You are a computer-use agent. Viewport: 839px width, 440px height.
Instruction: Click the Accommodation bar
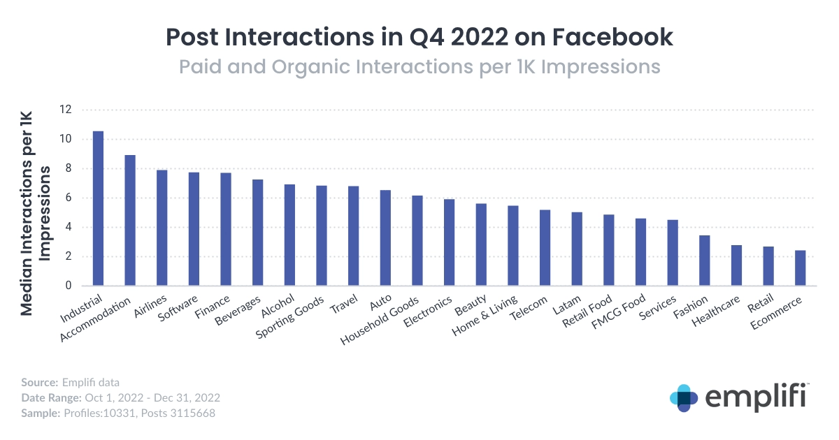point(130,220)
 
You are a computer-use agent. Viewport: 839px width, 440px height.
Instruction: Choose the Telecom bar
point(545,247)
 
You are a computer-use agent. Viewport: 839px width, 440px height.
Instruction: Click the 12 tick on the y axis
point(66,110)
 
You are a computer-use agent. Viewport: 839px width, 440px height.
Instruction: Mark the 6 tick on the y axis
point(69,198)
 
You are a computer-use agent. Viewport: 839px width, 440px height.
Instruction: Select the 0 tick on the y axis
point(69,286)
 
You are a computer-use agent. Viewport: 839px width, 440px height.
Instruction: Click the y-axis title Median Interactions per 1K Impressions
point(36,203)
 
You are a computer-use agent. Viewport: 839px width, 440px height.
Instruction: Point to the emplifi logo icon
point(684,398)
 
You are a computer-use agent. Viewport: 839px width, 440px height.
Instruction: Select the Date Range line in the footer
point(120,397)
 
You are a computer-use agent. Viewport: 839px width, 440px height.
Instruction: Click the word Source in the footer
point(38,382)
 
